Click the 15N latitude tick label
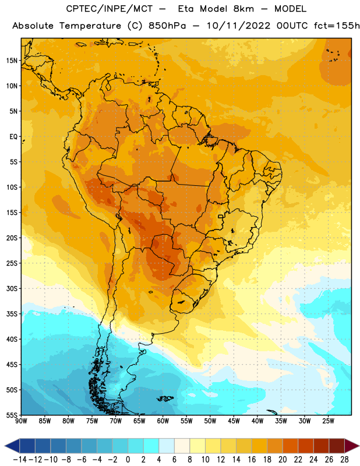pyautogui.click(x=11, y=61)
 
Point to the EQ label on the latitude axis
pyautogui.click(x=13, y=137)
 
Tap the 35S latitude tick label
pyautogui.click(x=11, y=314)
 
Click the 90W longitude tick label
pyautogui.click(x=21, y=421)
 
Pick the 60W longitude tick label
pyautogui.click(x=163, y=421)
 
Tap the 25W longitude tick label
pyautogui.click(x=328, y=421)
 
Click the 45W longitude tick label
pyautogui.click(x=234, y=421)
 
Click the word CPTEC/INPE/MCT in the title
pyautogui.click(x=109, y=9)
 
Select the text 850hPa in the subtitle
pyautogui.click(x=167, y=26)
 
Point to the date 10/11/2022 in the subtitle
pyautogui.click(x=238, y=26)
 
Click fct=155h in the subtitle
pyautogui.click(x=337, y=26)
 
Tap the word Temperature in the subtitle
pyautogui.click(x=90, y=26)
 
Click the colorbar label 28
pyautogui.click(x=344, y=460)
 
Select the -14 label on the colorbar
pyautogui.click(x=20, y=460)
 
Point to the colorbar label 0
pyautogui.click(x=128, y=460)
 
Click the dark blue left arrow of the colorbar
pyautogui.click(x=12, y=446)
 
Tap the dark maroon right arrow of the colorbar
pyautogui.click(x=352, y=446)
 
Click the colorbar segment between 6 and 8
pyautogui.click(x=182, y=446)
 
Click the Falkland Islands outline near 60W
pyautogui.click(x=165, y=398)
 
